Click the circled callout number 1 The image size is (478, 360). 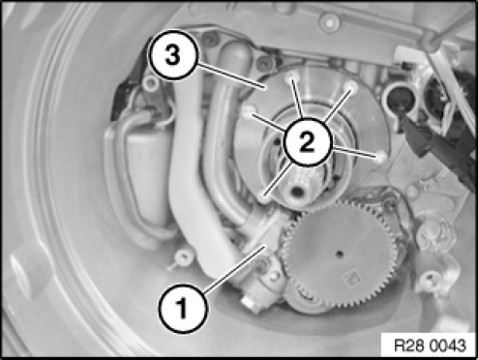pos(183,309)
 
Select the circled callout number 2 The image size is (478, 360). pos(307,142)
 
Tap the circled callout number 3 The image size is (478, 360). pos(172,55)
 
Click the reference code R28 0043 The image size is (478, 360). pos(430,345)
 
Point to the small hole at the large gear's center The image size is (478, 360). pos(339,255)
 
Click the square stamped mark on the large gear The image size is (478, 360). pos(350,278)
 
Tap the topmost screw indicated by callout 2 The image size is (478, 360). pos(291,76)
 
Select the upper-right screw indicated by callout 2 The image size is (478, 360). pos(351,86)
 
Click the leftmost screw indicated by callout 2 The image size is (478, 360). pos(249,111)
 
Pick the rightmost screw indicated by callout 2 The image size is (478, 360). pos(381,157)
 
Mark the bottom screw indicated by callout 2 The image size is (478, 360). pos(265,196)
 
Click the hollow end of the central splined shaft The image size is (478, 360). pos(297,193)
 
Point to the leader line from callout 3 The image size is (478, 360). pos(230,76)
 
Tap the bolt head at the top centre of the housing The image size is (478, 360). pos(329,20)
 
